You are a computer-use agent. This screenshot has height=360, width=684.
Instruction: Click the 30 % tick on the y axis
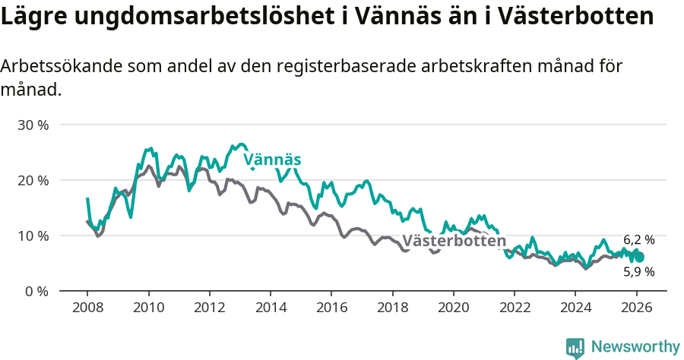[x=33, y=125]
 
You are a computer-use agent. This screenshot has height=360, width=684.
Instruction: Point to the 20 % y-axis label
[x=33, y=180]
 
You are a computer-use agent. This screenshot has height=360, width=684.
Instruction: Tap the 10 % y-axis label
[x=33, y=235]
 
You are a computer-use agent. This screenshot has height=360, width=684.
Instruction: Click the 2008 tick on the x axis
[x=87, y=308]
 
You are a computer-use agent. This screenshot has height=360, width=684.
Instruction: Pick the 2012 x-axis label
[x=209, y=308]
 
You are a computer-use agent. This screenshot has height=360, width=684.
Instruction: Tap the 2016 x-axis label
[x=331, y=308]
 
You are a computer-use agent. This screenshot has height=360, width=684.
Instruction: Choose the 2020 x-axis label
[x=453, y=308]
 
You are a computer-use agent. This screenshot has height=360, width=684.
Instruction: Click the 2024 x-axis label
[x=575, y=308]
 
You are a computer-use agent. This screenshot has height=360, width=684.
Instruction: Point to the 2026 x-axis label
[x=635, y=308]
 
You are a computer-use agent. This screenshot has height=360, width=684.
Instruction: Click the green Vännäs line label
[x=272, y=159]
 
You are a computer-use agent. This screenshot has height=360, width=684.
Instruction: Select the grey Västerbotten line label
[x=454, y=242]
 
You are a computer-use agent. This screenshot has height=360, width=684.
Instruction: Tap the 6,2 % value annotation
[x=638, y=239]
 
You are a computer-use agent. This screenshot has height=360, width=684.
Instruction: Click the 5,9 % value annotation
[x=638, y=271]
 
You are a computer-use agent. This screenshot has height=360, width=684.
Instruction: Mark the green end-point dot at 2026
[x=639, y=257]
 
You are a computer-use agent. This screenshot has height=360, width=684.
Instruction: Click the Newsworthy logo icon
[x=575, y=348]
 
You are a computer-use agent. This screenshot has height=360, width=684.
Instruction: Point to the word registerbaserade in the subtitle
[x=381, y=66]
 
